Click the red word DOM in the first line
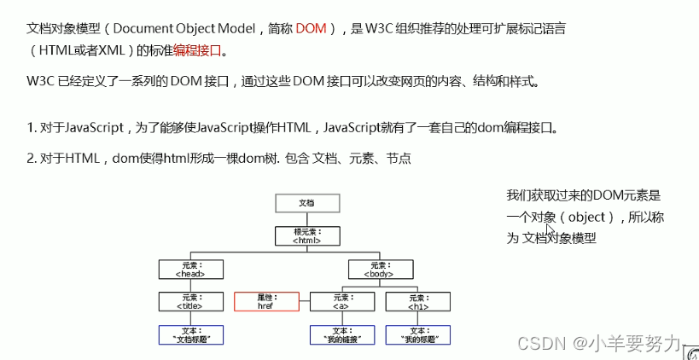[x=312, y=29]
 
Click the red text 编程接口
[x=197, y=50]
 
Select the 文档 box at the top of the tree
[x=306, y=203]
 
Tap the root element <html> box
[x=306, y=235]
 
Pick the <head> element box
[x=190, y=269]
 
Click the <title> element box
[x=190, y=301]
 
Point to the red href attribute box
[x=266, y=301]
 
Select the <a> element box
[x=342, y=301]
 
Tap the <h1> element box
[x=418, y=301]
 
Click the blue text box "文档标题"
[x=190, y=334]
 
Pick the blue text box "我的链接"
[x=342, y=334]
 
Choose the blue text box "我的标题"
[x=418, y=334]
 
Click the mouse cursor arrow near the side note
[x=550, y=231]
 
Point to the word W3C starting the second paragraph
[x=40, y=83]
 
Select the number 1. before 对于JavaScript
[x=31, y=129]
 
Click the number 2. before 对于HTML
[x=31, y=159]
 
